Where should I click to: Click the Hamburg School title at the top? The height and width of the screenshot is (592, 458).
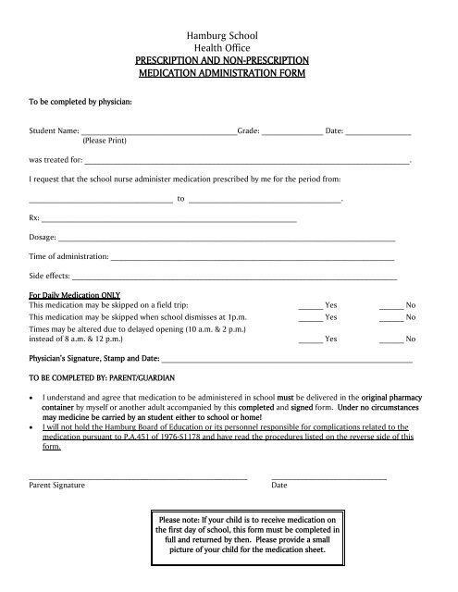coord(228,33)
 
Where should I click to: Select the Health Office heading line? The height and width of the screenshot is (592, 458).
coord(228,46)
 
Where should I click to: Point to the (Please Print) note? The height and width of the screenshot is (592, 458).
coord(106,143)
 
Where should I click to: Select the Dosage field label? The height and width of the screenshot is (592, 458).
coord(43,238)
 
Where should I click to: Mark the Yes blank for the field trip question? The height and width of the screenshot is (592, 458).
coord(310,305)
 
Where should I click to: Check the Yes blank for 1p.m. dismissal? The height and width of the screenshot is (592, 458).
coord(310,318)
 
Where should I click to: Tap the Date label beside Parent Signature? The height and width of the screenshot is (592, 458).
coord(279,485)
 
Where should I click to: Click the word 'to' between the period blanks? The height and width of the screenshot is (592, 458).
coord(180,199)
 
